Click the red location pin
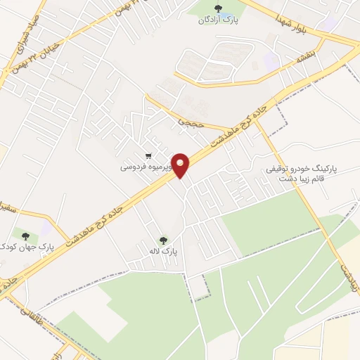tap(181, 165)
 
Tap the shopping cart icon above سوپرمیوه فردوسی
tap(148, 156)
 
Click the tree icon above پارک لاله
tap(164, 240)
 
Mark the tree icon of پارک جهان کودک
tap(26, 236)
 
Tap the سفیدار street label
tap(15, 212)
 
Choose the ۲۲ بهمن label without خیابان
tap(162, 8)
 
